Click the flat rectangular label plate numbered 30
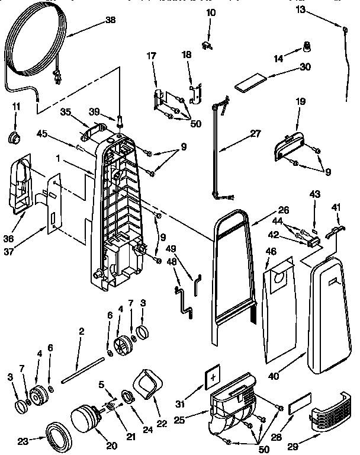(248, 83)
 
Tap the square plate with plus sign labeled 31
(213, 376)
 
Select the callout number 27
(255, 133)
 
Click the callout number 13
(317, 9)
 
